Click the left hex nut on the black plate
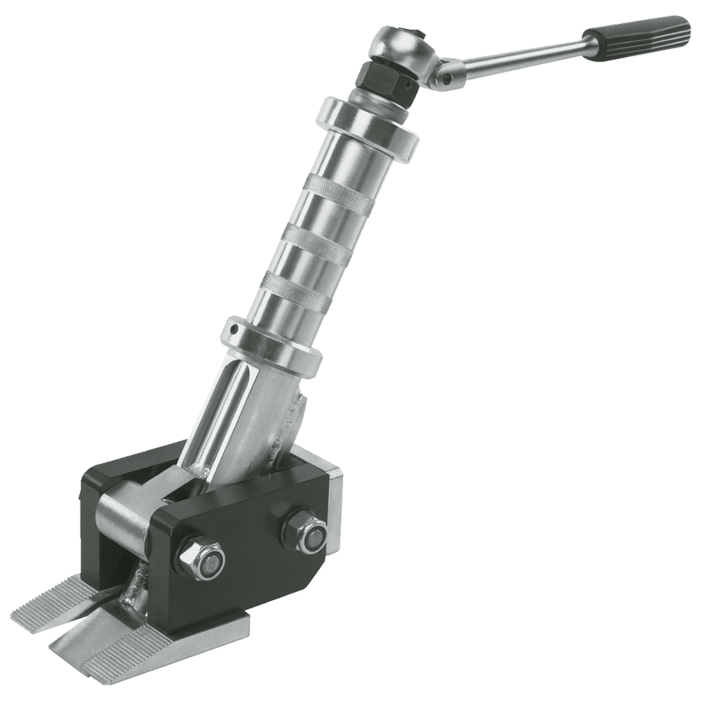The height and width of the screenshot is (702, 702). coord(201,562)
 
